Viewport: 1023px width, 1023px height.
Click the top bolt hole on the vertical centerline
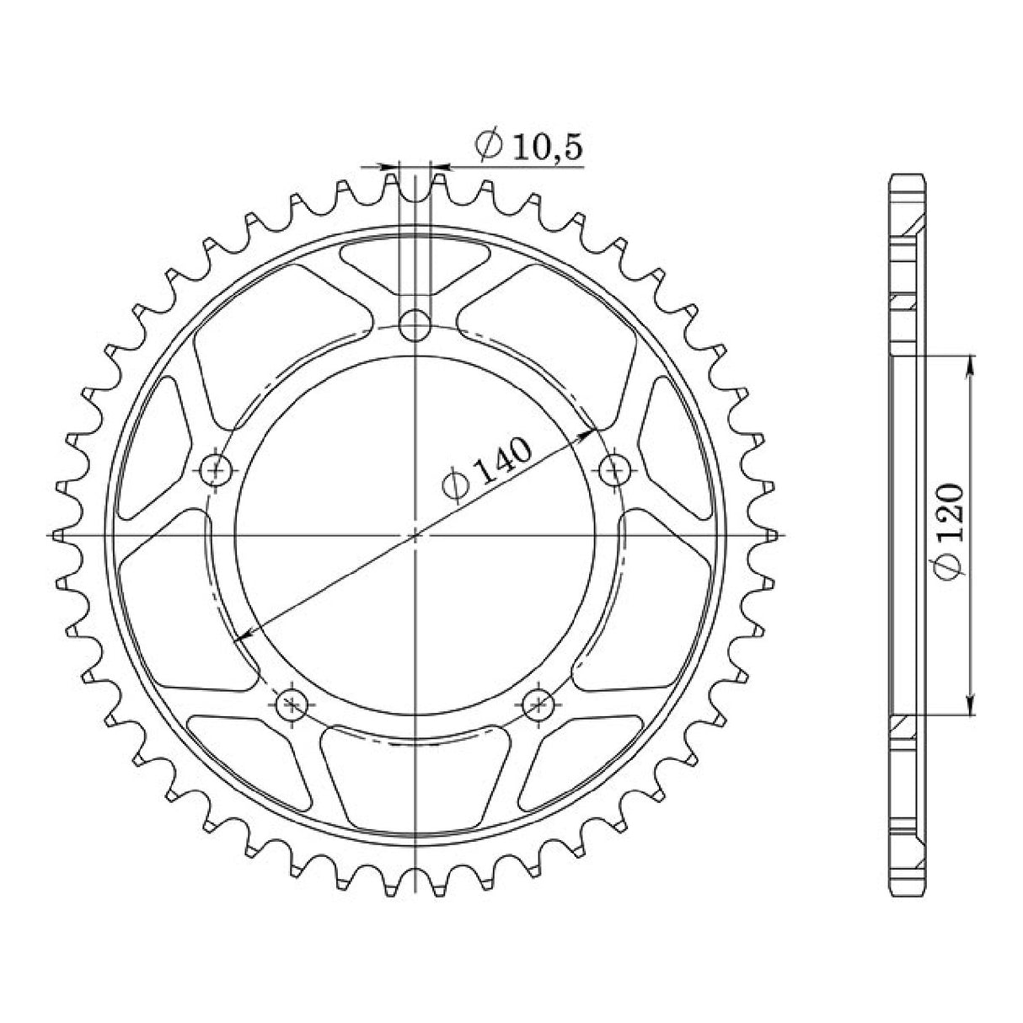(x=414, y=324)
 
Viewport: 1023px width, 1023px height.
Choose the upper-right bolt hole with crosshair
(x=615, y=467)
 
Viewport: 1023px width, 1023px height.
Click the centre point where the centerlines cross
(x=415, y=534)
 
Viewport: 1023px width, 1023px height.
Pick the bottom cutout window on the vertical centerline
(x=415, y=779)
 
